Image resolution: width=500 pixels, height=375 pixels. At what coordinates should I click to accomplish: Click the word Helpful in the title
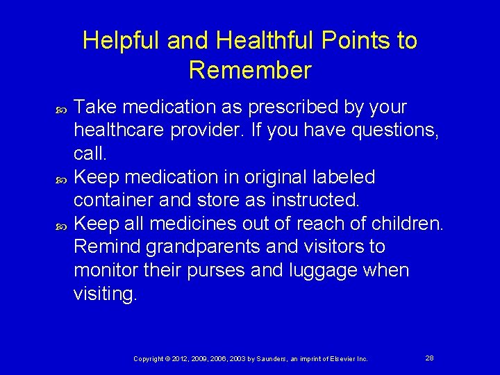[122, 41]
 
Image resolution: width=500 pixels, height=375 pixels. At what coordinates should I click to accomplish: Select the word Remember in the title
[250, 70]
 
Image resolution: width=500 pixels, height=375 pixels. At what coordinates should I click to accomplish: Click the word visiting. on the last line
[106, 294]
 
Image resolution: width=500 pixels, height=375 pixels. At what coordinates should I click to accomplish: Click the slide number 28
[429, 358]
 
